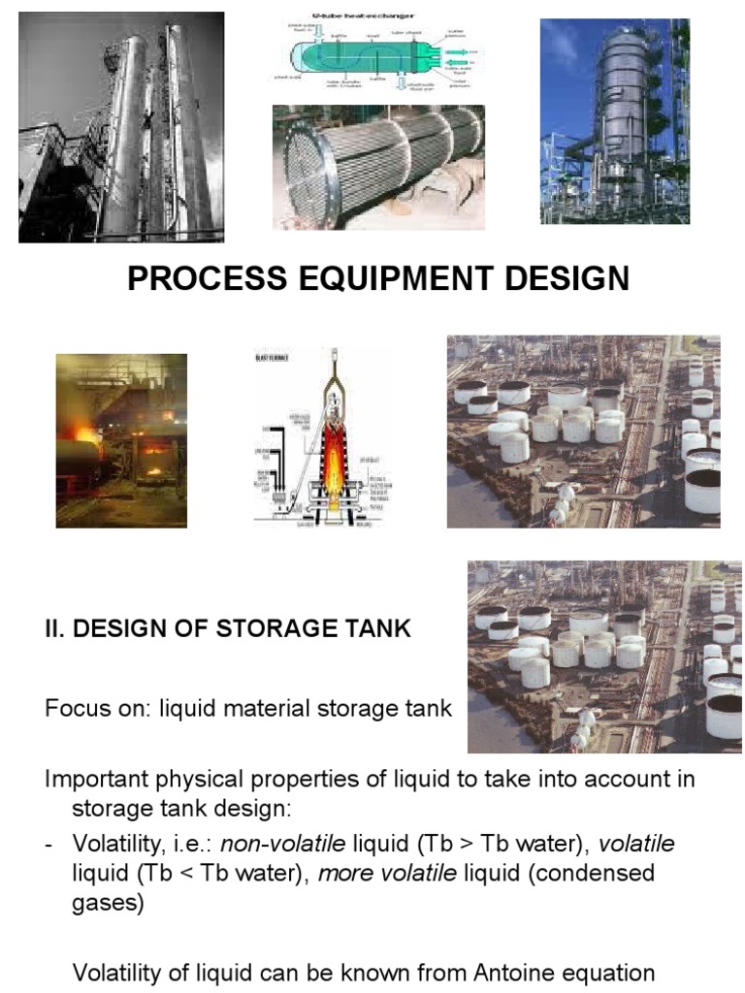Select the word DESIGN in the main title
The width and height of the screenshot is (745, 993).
[562, 278]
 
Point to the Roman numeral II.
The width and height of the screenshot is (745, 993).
[54, 628]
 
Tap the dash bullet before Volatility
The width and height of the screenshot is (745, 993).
[49, 844]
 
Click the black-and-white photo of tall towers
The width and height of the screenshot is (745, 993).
[121, 127]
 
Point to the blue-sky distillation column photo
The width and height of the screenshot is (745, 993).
[615, 121]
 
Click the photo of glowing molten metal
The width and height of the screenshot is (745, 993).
[121, 440]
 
